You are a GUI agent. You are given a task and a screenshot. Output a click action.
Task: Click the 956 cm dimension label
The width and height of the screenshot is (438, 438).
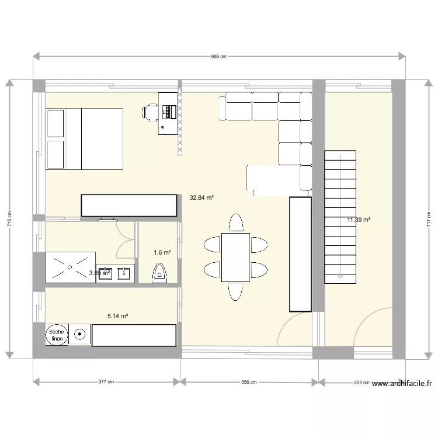[x=218, y=57]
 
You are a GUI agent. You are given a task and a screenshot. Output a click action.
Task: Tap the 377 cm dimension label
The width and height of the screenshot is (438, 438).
[x=106, y=383]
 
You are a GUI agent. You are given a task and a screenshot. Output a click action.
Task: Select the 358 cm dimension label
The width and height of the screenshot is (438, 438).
[x=249, y=383]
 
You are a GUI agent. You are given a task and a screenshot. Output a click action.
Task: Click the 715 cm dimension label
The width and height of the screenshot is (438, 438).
[x=10, y=219]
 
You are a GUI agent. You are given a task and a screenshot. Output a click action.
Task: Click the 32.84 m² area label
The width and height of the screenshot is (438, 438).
[x=201, y=197]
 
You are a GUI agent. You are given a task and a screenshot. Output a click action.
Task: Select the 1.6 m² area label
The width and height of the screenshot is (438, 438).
[x=162, y=253]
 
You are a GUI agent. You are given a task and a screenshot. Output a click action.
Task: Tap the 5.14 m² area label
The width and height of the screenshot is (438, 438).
[x=117, y=316]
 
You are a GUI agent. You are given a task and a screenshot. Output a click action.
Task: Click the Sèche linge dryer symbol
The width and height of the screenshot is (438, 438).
[x=57, y=335]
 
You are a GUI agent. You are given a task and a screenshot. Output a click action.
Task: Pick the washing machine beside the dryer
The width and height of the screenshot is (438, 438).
[x=79, y=335]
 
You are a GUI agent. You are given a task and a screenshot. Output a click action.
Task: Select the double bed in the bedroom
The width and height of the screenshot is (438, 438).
[x=84, y=138]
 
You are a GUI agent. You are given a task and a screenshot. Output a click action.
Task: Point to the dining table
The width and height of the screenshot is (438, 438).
[x=236, y=257]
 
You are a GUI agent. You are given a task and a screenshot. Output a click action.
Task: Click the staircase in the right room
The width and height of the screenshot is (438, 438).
[x=339, y=216]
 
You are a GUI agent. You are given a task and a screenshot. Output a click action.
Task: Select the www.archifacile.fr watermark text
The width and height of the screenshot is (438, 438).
[x=402, y=384]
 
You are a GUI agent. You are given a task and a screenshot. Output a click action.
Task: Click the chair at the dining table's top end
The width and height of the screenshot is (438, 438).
[x=236, y=223]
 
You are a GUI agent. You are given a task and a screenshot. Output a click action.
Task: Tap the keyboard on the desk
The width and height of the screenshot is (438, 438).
[x=170, y=110]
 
